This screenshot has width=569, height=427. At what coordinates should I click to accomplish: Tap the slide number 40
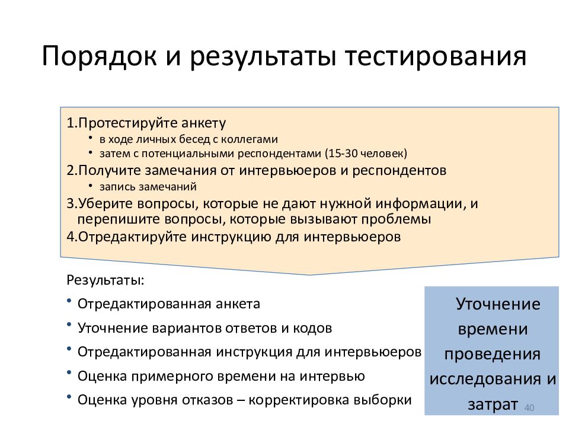click(530, 408)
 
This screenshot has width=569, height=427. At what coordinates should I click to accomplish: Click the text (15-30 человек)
click(366, 154)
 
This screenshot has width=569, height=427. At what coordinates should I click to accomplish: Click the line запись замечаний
click(148, 186)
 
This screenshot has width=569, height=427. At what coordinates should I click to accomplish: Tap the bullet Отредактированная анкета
click(168, 304)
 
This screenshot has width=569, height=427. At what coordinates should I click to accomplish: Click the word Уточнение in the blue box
click(497, 304)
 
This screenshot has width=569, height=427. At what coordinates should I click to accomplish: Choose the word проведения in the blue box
click(493, 354)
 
